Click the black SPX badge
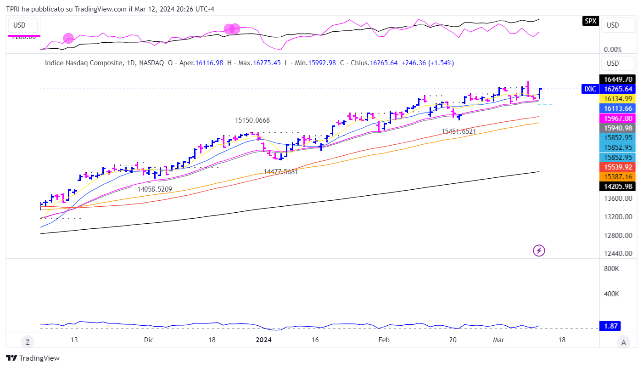coord(590,21)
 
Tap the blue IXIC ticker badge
coord(590,89)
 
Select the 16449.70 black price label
coord(618,79)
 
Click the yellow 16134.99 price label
coord(618,99)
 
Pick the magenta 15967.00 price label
coord(618,118)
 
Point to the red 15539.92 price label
coord(618,167)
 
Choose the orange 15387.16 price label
coord(618,176)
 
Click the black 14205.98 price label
coord(618,187)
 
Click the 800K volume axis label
coord(611,269)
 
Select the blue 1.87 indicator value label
coord(611,326)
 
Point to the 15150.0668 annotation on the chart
coord(252,120)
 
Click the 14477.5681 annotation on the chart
coord(281,172)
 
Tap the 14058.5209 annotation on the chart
coord(155,189)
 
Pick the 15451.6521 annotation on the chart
coord(458,131)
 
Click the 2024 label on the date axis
coord(263,340)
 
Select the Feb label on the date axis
coord(384,340)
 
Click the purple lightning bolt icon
coord(539,250)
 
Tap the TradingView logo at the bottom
coord(33,358)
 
